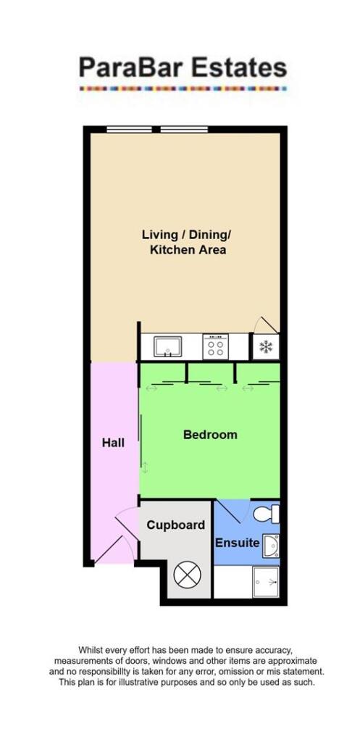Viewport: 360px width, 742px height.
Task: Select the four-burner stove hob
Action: point(215,347)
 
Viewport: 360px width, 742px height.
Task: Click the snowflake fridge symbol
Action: point(265,347)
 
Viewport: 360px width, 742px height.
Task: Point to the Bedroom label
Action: point(210,435)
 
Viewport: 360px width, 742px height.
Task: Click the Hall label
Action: point(113,442)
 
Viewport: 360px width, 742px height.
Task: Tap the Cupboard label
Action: point(176,525)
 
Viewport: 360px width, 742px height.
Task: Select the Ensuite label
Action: point(237,543)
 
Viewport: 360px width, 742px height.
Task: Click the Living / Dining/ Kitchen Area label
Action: point(188,242)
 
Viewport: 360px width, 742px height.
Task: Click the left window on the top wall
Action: point(130,130)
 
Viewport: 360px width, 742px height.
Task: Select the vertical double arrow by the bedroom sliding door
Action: point(145,467)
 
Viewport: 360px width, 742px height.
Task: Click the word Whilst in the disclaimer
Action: point(92,651)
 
